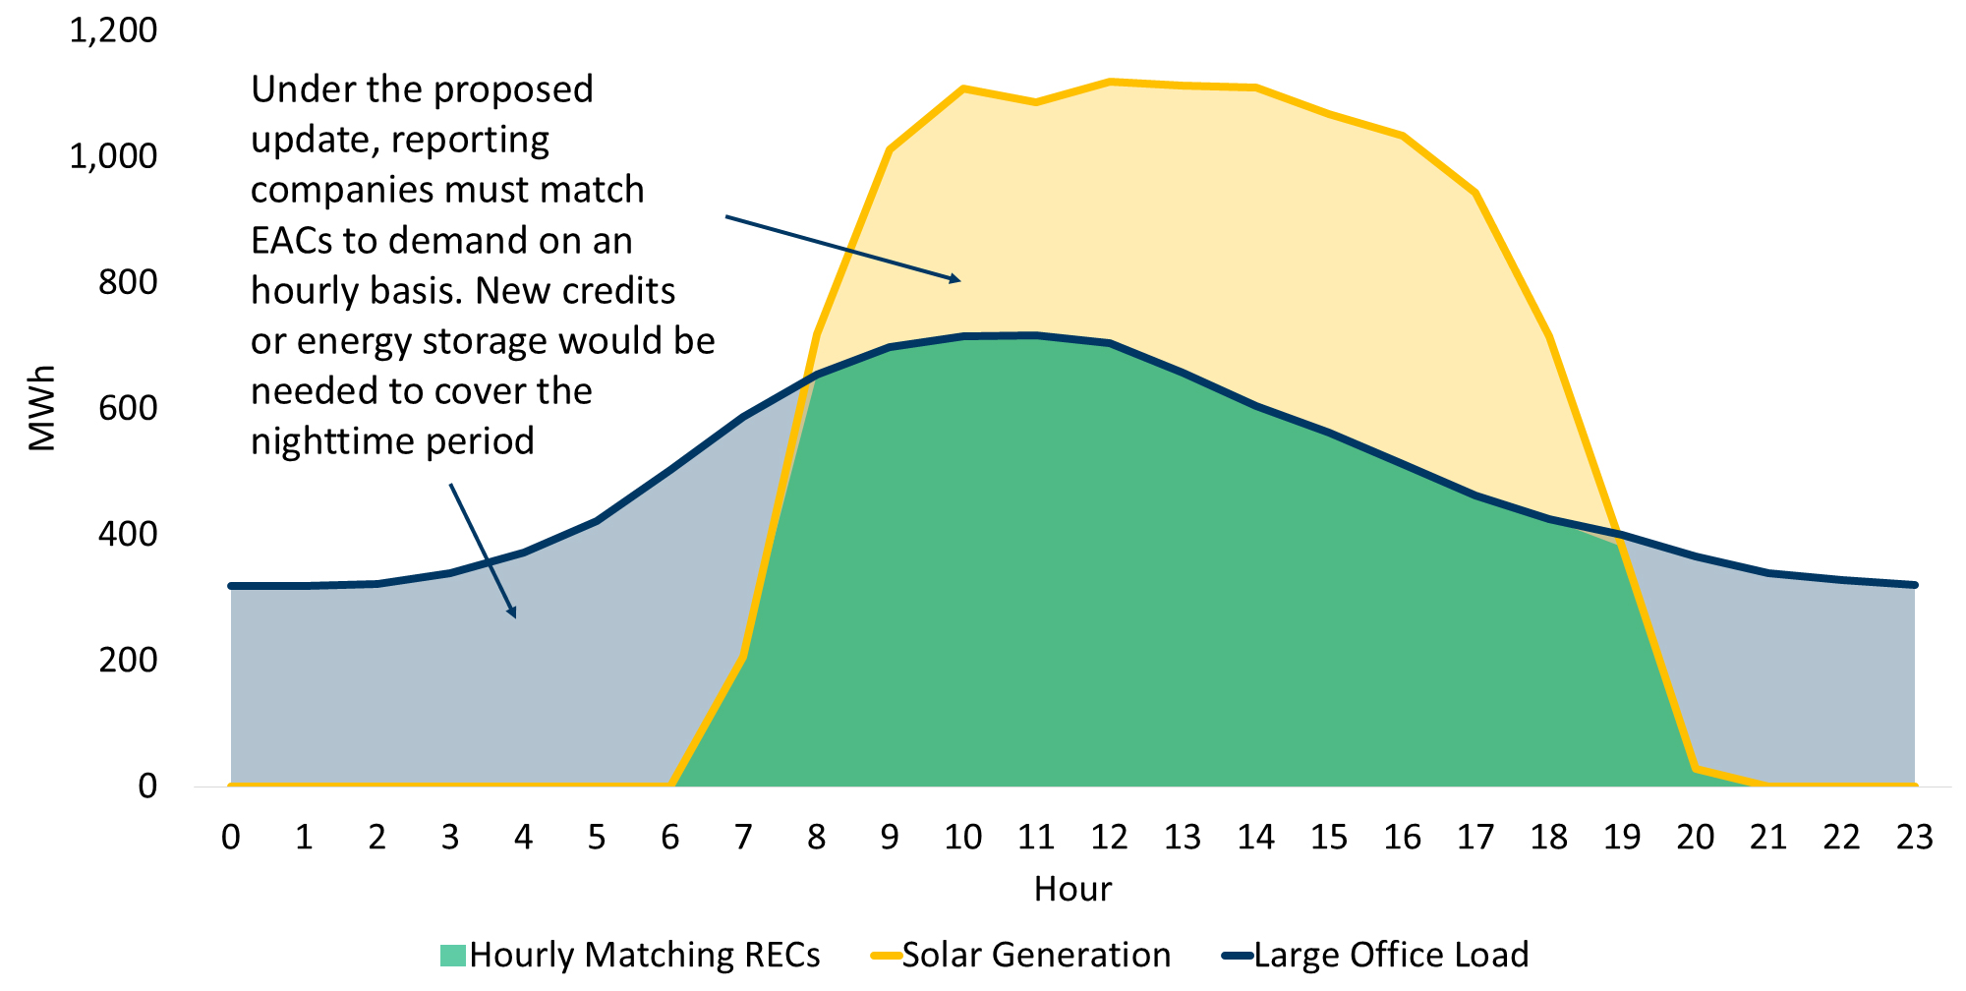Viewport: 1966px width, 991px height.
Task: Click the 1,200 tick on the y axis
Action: (113, 30)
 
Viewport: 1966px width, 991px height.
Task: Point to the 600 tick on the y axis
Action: (128, 408)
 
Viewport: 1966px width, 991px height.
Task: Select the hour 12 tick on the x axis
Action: (1109, 837)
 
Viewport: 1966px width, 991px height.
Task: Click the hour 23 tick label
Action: (1914, 837)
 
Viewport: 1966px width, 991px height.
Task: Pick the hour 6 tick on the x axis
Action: (670, 837)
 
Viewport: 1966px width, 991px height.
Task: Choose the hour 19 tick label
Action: (1622, 837)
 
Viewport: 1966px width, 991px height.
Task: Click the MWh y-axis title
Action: (42, 408)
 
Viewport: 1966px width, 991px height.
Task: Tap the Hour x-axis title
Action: (1072, 889)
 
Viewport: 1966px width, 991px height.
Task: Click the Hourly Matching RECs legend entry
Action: (630, 955)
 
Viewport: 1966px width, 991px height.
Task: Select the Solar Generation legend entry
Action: (1022, 955)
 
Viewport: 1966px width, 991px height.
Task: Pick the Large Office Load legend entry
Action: (1376, 955)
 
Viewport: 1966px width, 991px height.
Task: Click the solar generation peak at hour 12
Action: (1109, 82)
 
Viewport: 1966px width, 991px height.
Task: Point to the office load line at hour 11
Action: (1036, 335)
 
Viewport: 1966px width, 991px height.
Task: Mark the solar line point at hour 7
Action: (744, 657)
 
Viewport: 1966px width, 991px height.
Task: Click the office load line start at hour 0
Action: (232, 586)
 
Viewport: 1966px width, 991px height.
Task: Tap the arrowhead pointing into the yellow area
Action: (954, 280)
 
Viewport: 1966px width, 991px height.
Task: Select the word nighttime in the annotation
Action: (323, 441)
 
